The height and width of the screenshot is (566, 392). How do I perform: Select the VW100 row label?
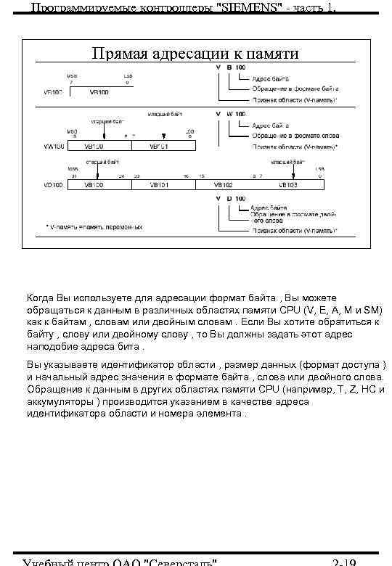tap(54, 146)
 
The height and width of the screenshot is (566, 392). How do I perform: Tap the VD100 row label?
tap(54, 186)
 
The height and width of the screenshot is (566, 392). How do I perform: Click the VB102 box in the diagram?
tap(223, 186)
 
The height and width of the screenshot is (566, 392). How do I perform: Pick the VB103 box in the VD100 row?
tap(287, 186)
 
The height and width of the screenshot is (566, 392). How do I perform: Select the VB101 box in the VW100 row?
tap(159, 146)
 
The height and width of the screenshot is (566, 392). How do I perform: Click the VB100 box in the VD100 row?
tap(95, 186)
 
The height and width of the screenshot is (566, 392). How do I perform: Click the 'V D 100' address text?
tap(233, 197)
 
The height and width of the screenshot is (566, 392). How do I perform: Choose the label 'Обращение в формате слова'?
tap(290, 135)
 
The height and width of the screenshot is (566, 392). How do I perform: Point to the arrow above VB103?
tap(293, 171)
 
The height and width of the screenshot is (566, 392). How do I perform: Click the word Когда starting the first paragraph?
tap(41, 298)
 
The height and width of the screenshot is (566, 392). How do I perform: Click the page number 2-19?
tap(343, 561)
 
